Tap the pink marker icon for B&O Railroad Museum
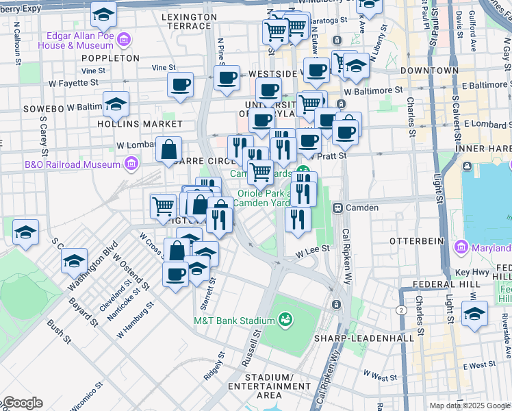(x=130, y=164)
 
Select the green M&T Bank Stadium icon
(x=285, y=320)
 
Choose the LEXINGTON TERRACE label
(x=189, y=21)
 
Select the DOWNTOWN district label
(x=429, y=71)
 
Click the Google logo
(x=23, y=403)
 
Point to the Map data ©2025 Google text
(x=470, y=406)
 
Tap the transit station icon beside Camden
(x=337, y=208)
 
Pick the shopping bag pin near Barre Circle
(x=168, y=149)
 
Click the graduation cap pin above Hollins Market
(x=116, y=105)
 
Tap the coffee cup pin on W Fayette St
(x=180, y=86)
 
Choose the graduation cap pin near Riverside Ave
(x=474, y=314)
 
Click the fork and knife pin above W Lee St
(x=297, y=220)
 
